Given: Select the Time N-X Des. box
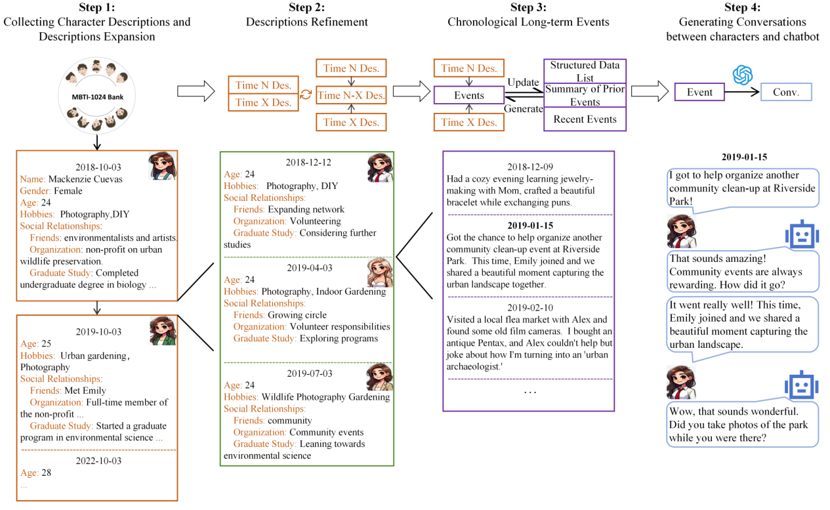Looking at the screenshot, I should coord(351,95).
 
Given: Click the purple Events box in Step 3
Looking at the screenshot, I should coord(469,96).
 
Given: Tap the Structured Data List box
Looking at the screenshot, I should coord(585,71).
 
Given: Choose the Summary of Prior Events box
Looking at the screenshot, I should coord(585,95).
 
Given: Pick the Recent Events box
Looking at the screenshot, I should coord(585,119).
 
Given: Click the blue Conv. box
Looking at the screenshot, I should coord(785,93).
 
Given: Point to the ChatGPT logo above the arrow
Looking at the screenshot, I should coord(742,75).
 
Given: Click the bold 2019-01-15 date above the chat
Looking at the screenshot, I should coord(744,158).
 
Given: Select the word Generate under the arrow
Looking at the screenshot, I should coord(524,109).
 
